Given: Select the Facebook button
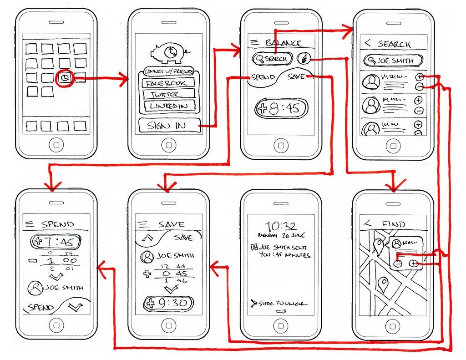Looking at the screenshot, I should (x=168, y=83).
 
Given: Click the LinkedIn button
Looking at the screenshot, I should (x=168, y=106).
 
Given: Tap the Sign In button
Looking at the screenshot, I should (x=169, y=126).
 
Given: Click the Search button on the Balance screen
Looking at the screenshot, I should (x=273, y=59).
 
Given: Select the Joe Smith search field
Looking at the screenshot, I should (x=393, y=61).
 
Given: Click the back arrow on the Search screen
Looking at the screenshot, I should (x=368, y=43).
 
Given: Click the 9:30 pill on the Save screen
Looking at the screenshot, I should (x=168, y=304).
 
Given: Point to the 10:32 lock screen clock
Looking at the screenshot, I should (x=281, y=226).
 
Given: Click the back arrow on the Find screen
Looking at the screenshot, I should (x=368, y=223).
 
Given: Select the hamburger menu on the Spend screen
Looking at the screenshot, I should (x=30, y=223).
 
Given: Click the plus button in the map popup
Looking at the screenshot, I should (x=414, y=263).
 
